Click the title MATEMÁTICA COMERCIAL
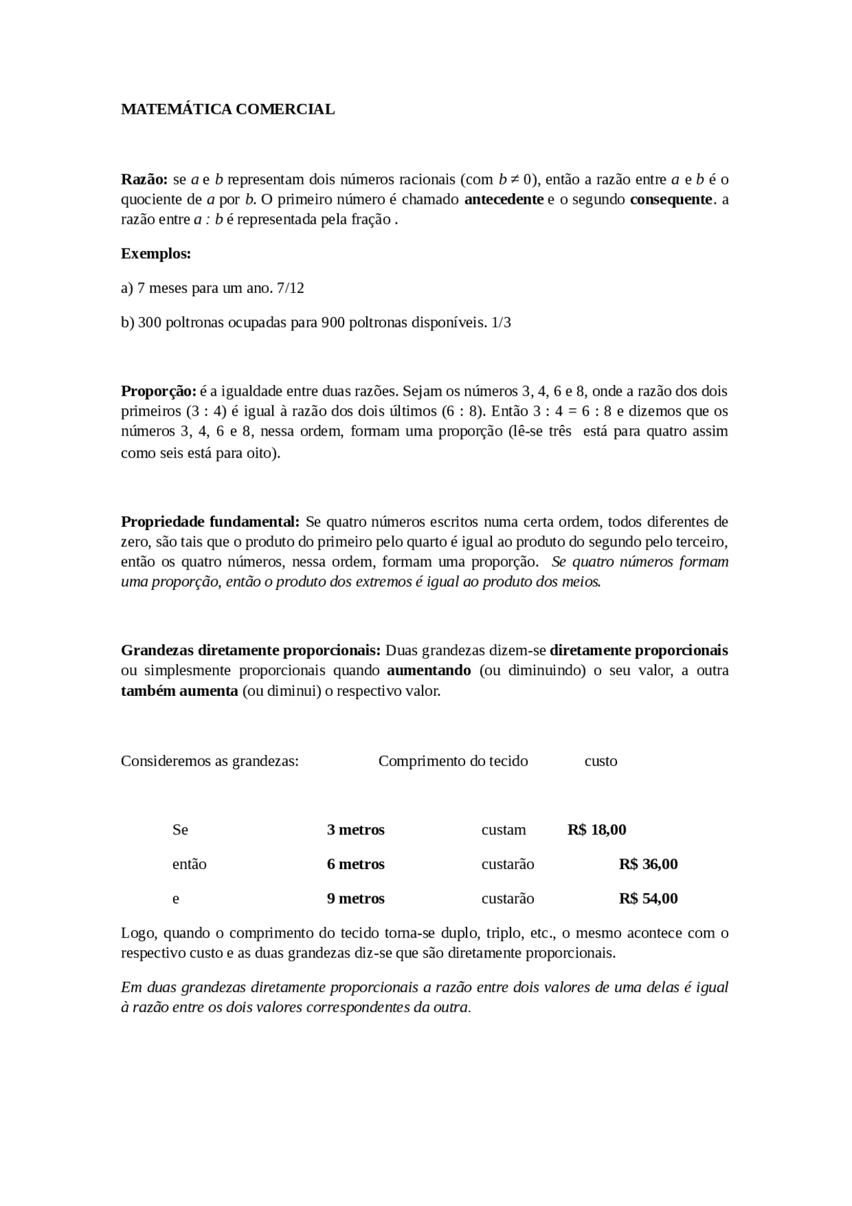coord(228,109)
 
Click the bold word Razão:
coord(144,179)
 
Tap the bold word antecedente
coord(503,199)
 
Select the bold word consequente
coord(671,199)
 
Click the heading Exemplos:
coord(156,254)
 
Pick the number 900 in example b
coord(332,323)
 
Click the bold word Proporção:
coord(158,391)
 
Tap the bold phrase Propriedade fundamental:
coord(210,521)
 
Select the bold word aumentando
coord(429,671)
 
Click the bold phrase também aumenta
coord(179,691)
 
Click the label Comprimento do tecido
coord(453,761)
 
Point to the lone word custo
coord(600,761)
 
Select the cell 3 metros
coord(355,830)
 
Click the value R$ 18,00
coord(596,830)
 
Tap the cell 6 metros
coord(355,864)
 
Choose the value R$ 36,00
coord(648,864)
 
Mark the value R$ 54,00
coord(648,899)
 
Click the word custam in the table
coord(503,830)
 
